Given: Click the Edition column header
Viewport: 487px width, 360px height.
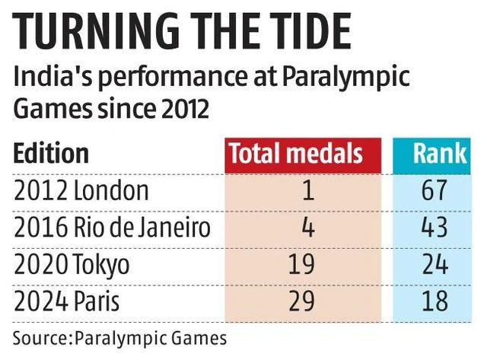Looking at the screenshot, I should coord(51,154).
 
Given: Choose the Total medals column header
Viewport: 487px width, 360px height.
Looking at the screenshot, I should coord(296,154).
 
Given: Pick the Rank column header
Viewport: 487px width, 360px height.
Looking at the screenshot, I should coord(439,154).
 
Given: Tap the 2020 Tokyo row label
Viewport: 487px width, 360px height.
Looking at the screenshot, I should coord(72,265).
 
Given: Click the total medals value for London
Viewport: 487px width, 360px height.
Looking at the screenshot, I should coord(307,190).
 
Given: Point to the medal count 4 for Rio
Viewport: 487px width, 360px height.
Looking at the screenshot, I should coord(307,228).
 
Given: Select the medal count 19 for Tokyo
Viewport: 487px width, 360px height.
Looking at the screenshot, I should coord(302,265).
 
